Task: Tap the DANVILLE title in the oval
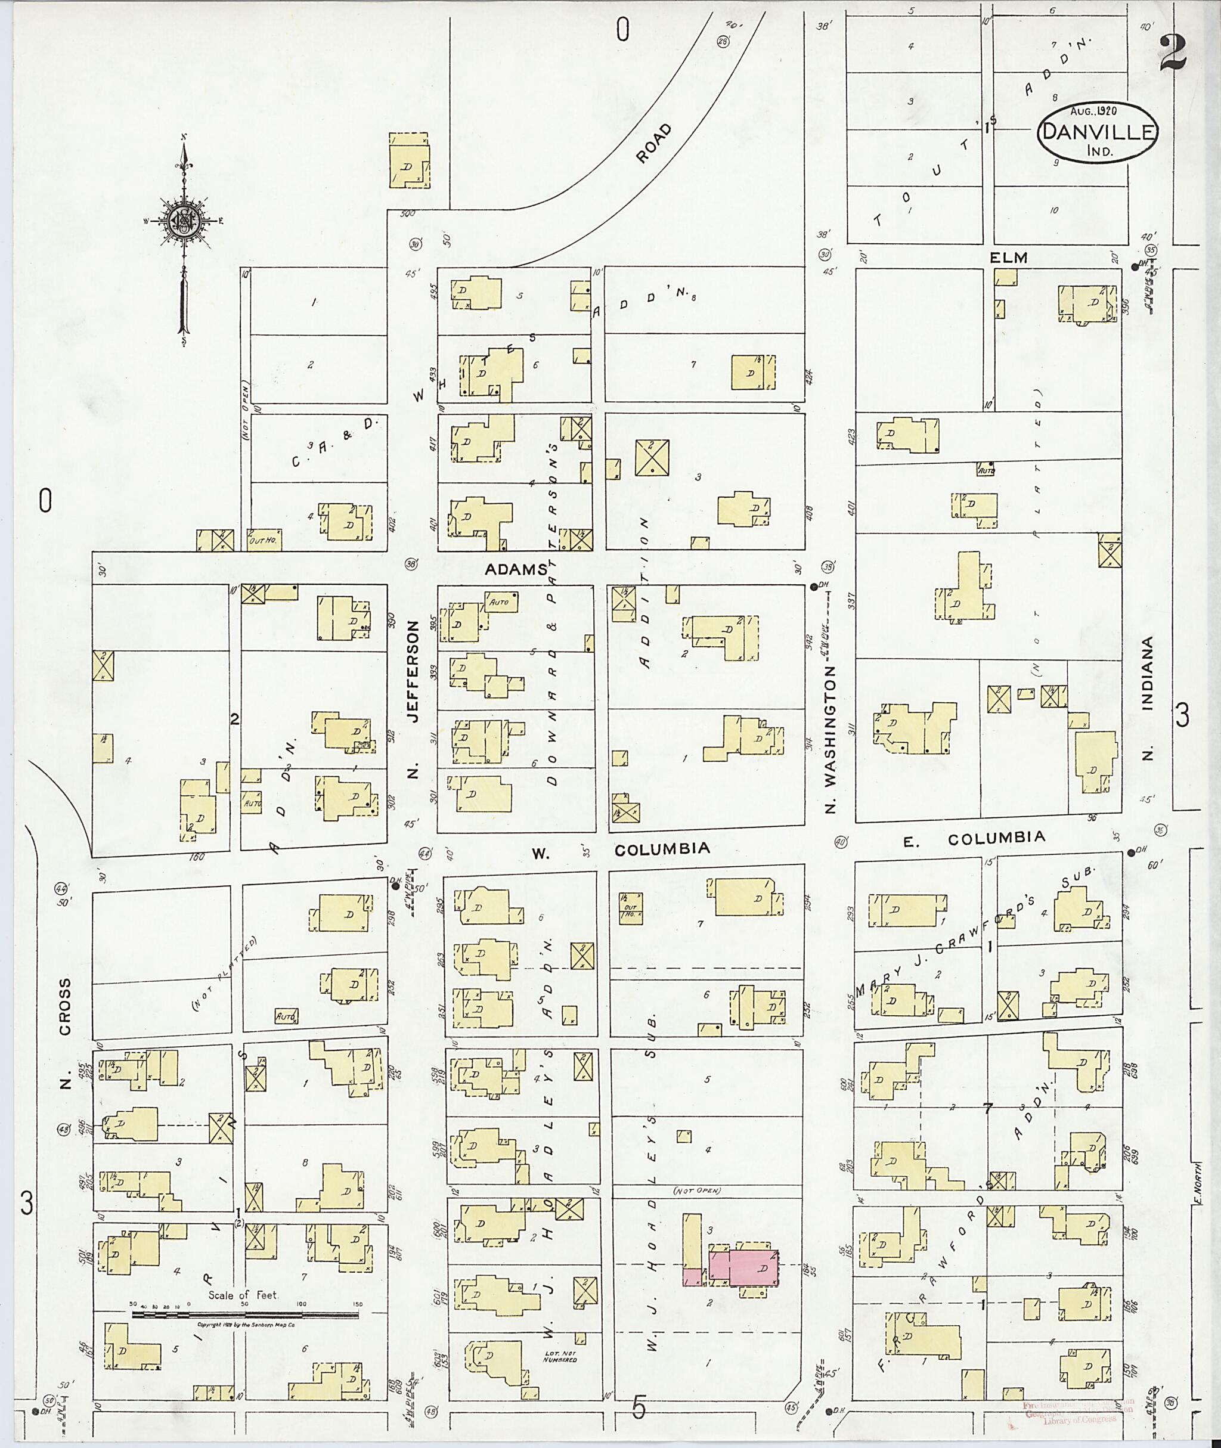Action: coord(1098,132)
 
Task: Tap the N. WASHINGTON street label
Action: coord(831,739)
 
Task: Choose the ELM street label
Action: coord(1009,258)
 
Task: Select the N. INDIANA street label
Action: coord(1148,699)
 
